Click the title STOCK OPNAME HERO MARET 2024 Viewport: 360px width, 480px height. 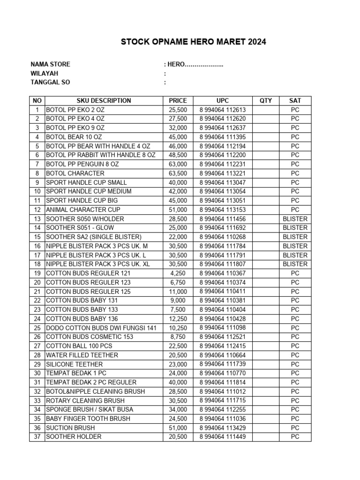(x=194, y=42)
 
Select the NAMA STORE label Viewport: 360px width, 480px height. (x=50, y=64)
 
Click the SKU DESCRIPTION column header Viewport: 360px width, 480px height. (x=104, y=100)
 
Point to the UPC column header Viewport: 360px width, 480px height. (x=223, y=100)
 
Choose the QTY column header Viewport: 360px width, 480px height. (x=266, y=100)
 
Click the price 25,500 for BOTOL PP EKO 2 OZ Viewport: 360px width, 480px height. (x=178, y=110)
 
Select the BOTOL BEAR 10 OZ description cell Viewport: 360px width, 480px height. (x=75, y=137)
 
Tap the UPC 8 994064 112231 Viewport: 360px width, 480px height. (x=223, y=164)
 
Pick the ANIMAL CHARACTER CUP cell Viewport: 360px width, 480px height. (x=83, y=210)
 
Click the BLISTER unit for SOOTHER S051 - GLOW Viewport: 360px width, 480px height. (x=295, y=228)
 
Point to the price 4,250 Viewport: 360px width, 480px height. (x=178, y=273)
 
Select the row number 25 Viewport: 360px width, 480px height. (x=37, y=328)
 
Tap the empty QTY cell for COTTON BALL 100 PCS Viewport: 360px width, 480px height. (x=266, y=346)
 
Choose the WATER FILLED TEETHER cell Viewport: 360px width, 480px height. (x=82, y=355)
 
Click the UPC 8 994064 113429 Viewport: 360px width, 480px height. (x=223, y=427)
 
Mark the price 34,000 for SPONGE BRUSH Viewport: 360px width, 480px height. (x=178, y=410)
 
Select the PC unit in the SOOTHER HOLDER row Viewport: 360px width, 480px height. (x=295, y=436)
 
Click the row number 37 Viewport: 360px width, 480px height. (x=37, y=436)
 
